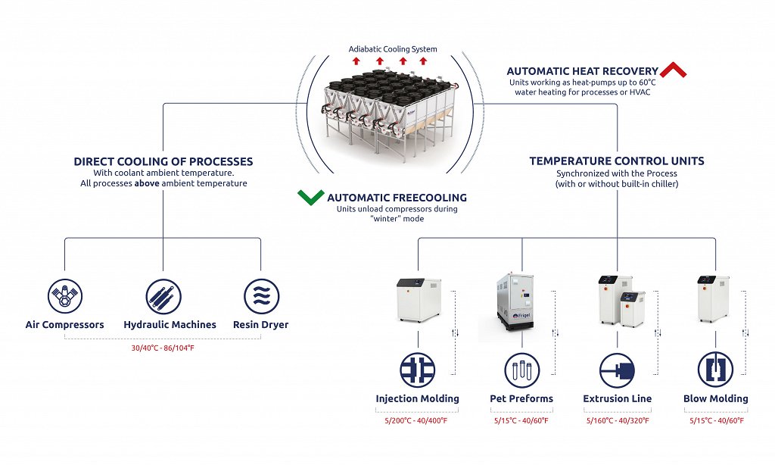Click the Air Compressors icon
[64, 295]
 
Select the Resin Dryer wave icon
[260, 295]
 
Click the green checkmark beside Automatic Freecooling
[310, 198]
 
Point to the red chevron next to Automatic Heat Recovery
[673, 70]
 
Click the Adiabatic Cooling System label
[393, 49]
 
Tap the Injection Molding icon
[418, 370]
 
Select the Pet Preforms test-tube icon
[522, 370]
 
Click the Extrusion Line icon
[617, 370]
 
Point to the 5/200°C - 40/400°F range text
[418, 420]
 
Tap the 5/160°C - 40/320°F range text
[617, 420]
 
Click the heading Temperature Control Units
[617, 161]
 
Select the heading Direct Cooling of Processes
[163, 161]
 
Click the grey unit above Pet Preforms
[518, 303]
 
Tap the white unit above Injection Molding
[419, 299]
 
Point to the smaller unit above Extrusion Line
[633, 308]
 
